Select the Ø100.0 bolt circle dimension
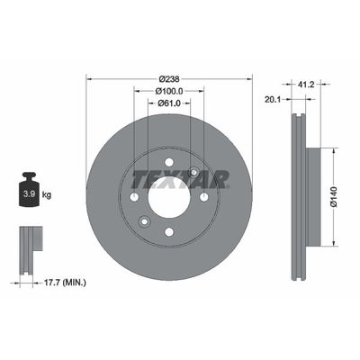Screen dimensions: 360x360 click(169, 91)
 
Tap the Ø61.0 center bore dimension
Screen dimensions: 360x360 click(169, 104)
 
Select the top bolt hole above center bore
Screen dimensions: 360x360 click(169, 163)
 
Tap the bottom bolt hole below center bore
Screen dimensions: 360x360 click(169, 233)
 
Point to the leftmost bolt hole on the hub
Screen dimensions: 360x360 click(134, 198)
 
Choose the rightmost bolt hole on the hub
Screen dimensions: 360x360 click(204, 198)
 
